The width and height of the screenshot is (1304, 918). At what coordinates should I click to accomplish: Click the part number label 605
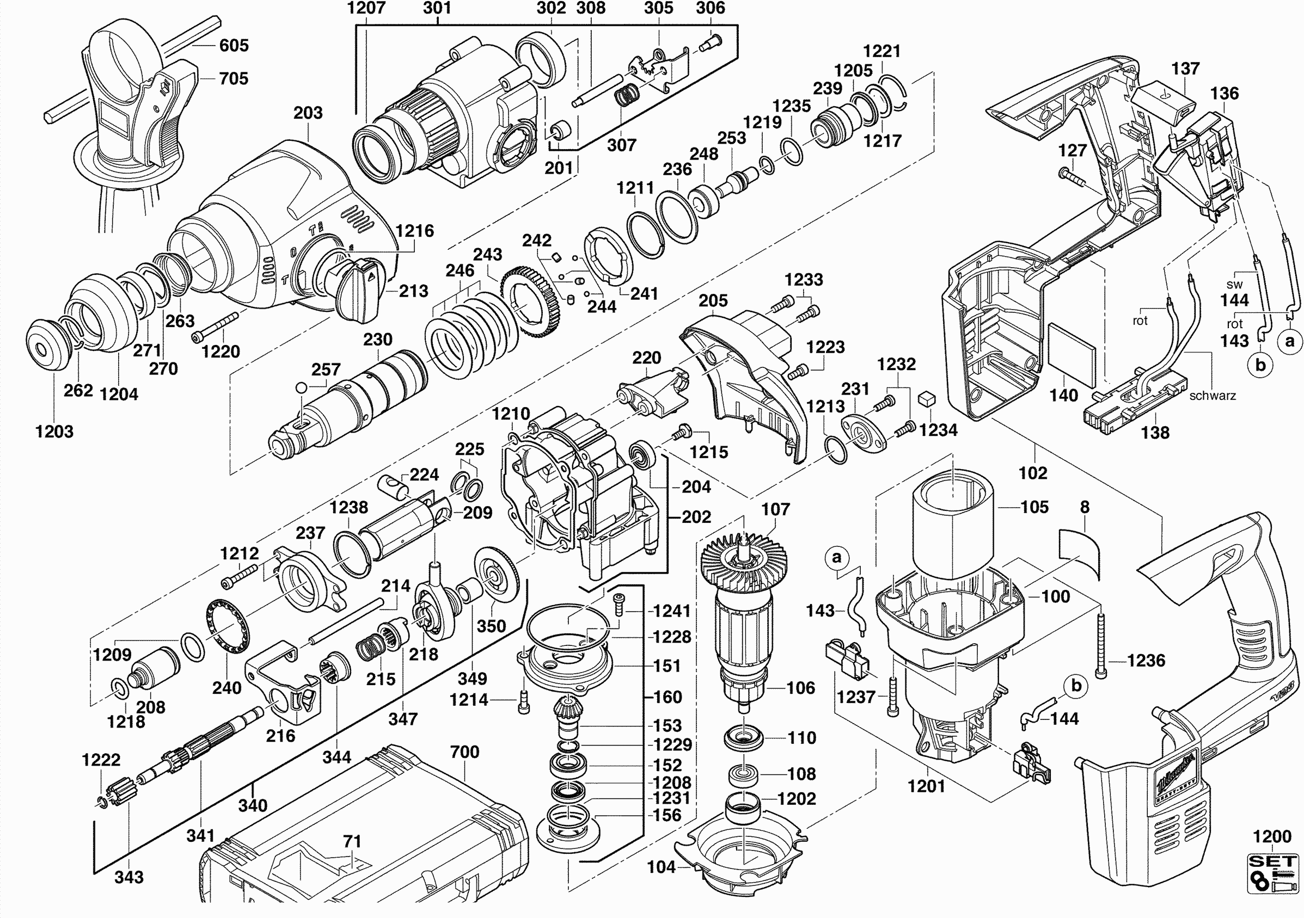(x=234, y=45)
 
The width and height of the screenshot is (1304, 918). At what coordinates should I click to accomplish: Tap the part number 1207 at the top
(x=366, y=8)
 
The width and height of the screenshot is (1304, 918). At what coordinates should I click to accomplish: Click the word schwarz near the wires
(x=1213, y=396)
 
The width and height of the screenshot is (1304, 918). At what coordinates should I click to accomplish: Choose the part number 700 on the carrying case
(x=464, y=751)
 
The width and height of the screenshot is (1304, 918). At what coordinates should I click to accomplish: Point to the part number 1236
(x=1146, y=660)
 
